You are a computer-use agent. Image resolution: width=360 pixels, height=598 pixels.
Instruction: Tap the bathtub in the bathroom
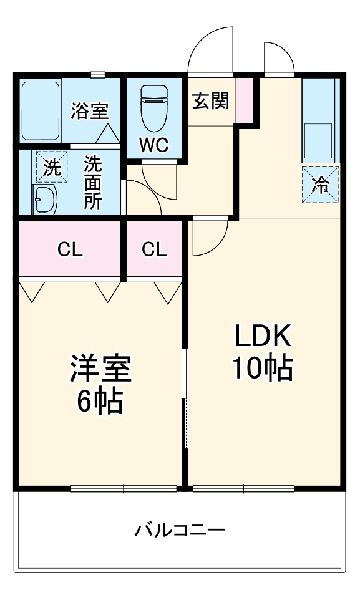41,110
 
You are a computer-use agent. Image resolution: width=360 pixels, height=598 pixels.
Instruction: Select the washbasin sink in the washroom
45,199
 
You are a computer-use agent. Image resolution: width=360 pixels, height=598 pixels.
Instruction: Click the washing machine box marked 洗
52,166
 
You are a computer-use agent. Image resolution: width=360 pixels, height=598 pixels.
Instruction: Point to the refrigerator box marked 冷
320,185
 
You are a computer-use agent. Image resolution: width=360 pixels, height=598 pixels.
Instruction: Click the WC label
153,145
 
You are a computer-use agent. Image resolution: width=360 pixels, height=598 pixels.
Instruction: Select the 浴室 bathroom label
90,110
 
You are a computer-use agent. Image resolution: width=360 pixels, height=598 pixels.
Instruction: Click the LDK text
263,335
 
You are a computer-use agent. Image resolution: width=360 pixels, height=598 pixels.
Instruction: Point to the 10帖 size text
263,368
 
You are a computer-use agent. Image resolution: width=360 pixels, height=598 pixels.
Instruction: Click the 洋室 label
100,369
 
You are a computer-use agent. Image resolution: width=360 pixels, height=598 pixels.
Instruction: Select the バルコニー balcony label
180,530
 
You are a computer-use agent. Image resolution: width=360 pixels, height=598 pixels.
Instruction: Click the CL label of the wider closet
70,250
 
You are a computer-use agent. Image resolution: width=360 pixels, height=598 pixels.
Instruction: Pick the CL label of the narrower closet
154,250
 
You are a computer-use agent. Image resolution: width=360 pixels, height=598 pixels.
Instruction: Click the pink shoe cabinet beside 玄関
245,100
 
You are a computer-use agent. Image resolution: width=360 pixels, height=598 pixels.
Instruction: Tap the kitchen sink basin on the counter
318,141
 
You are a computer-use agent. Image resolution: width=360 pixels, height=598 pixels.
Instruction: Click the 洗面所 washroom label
93,182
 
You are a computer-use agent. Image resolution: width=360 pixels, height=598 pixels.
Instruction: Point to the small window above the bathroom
98,75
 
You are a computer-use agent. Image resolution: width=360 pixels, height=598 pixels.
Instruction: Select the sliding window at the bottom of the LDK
243,488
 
